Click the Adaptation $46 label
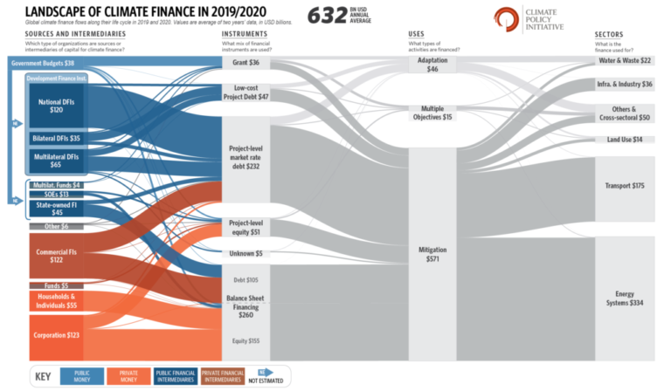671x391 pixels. click(x=432, y=64)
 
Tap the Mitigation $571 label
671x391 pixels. click(x=432, y=254)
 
